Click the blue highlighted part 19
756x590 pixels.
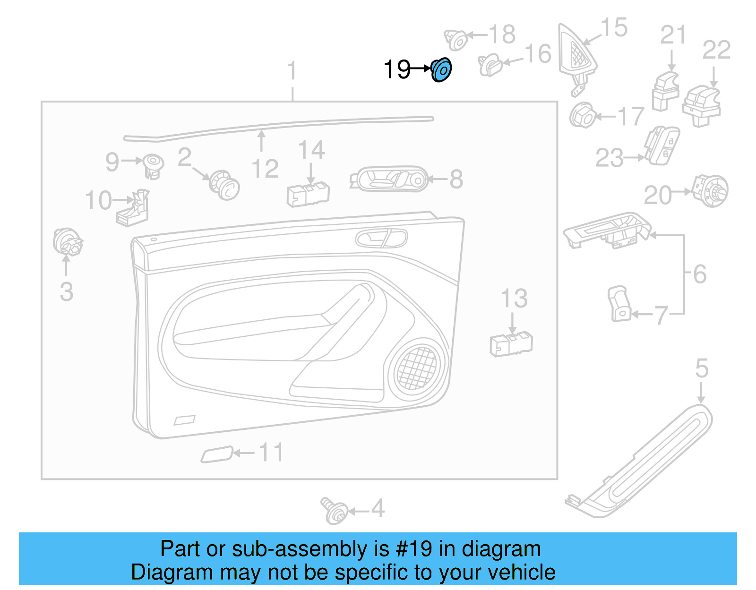coord(441,70)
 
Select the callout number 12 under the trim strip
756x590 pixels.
coord(265,169)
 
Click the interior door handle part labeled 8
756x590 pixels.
coord(389,179)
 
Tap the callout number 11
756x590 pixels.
coord(271,453)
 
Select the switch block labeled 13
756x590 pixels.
coord(511,344)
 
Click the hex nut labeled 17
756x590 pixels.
coord(582,115)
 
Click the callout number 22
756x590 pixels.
coord(716,50)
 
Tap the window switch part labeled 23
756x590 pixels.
coord(662,145)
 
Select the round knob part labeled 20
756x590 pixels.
coord(710,191)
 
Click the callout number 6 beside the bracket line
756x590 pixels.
coord(700,274)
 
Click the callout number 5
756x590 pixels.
coord(702,368)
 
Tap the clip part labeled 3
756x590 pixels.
coord(67,241)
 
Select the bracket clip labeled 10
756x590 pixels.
coord(134,208)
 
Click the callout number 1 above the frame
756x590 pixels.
coord(292,71)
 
